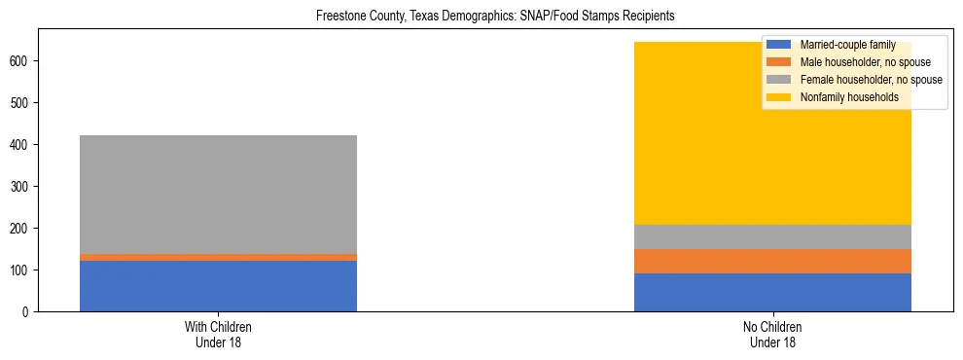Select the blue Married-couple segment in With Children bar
pyautogui.click(x=218, y=286)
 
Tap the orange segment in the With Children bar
pyautogui.click(x=218, y=257)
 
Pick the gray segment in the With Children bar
pyautogui.click(x=218, y=195)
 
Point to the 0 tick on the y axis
pyautogui.click(x=29, y=311)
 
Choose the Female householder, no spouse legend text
pyautogui.click(x=871, y=80)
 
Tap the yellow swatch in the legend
pyautogui.click(x=780, y=97)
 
